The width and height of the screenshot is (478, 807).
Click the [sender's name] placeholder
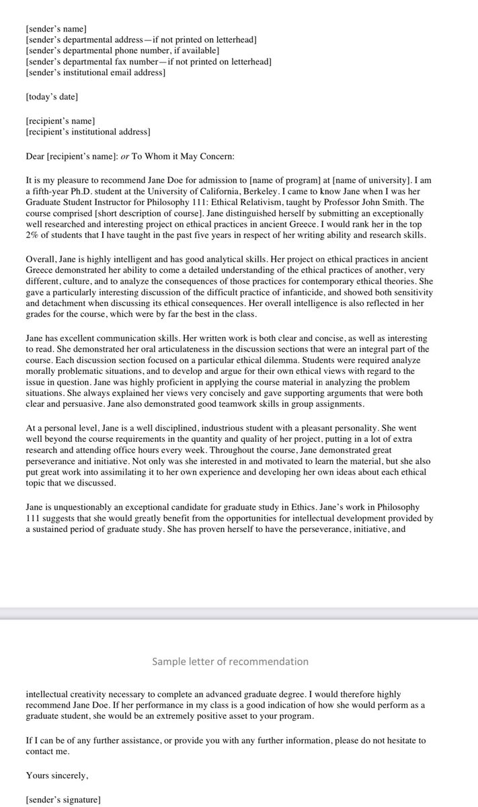[x=56, y=30]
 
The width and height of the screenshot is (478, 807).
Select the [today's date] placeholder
[x=51, y=98]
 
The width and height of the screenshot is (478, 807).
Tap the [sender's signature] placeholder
[x=63, y=800]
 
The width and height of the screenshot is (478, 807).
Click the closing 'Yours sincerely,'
[x=57, y=775]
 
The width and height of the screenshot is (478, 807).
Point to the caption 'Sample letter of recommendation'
[x=230, y=661]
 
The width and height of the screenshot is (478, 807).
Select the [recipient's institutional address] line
[x=87, y=132]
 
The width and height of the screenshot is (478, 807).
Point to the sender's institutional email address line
[x=95, y=73]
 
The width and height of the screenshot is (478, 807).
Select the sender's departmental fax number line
[x=148, y=62]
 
